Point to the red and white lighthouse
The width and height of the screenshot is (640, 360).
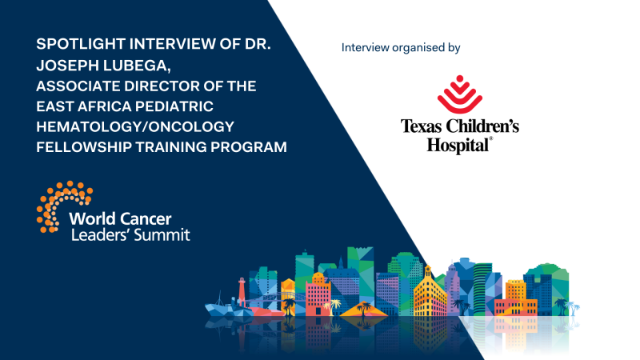[240, 294]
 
